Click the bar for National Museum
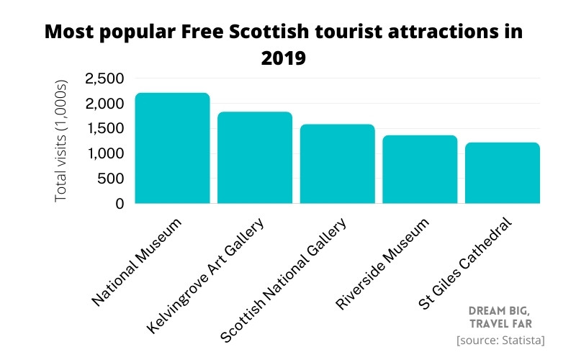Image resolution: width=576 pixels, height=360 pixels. coord(172,148)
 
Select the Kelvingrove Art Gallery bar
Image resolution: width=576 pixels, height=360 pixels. coord(255,158)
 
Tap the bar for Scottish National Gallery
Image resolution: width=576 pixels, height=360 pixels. coord(337,164)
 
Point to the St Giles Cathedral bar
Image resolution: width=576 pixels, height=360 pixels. coord(502,173)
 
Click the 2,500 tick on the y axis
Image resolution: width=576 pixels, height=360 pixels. coord(104,78)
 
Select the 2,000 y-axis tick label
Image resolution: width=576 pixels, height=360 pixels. coord(104,104)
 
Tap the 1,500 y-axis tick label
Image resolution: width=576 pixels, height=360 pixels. coord(105,129)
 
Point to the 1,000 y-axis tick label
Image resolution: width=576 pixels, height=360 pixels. coord(105,153)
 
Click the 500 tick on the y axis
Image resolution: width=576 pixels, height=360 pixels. coord(110,179)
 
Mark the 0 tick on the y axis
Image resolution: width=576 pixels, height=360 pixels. coord(119,204)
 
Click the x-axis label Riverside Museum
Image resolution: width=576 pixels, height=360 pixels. coord(382,263)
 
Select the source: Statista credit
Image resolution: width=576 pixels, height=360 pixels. coord(500,339)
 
